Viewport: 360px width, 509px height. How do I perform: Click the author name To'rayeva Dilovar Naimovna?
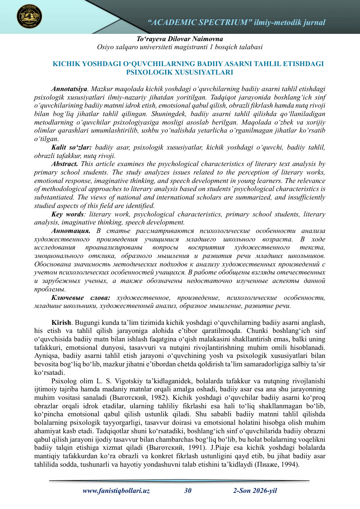coord(180,39)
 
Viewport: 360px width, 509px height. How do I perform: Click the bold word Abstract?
coord(65,164)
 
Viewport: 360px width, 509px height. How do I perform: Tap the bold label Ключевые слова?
coord(81,298)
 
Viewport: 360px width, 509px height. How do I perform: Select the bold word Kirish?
coord(61,324)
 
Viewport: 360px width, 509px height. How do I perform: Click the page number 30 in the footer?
coord(188,490)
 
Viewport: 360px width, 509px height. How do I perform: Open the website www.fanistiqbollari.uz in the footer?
coord(116,490)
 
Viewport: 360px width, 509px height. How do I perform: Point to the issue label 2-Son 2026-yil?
coord(255,490)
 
